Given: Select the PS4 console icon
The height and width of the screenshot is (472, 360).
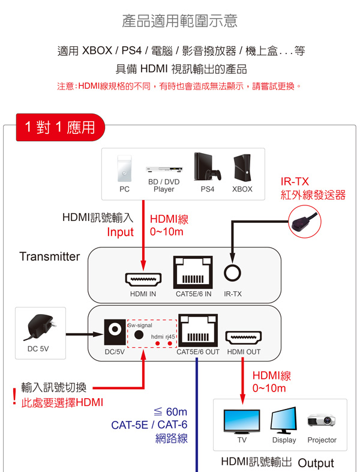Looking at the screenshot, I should (x=207, y=166).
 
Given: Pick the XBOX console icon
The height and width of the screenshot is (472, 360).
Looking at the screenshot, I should (x=242, y=168).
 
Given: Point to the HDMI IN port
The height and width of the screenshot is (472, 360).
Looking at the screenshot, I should (x=143, y=280).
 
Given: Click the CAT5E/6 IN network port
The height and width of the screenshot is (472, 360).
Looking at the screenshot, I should (x=193, y=273).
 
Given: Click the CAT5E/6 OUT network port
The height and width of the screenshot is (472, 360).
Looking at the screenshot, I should (x=197, y=332).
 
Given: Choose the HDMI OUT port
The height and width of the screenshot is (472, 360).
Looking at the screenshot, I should (x=244, y=338).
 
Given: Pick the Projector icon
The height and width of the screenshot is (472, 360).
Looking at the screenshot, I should (x=322, y=420).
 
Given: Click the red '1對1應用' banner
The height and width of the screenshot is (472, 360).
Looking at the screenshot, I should (x=60, y=127).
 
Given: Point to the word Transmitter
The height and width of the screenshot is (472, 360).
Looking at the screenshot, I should (x=49, y=256).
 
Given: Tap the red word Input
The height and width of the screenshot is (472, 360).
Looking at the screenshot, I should (x=120, y=232).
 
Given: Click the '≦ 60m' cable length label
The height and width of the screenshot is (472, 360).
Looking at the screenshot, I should (x=170, y=412).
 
